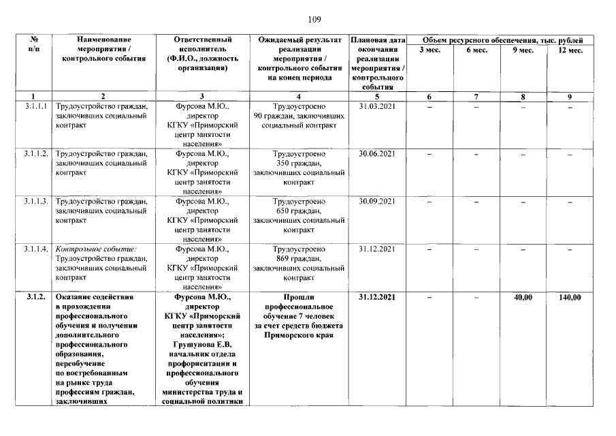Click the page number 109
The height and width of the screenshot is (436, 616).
(x=314, y=18)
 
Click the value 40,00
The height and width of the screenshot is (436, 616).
(x=522, y=298)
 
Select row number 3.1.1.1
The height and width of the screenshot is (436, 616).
(x=33, y=106)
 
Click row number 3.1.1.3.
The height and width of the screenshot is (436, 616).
(x=35, y=202)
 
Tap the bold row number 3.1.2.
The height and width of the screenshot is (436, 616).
(x=35, y=298)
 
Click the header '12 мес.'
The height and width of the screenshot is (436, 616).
(x=569, y=50)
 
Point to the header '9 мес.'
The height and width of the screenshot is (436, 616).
(x=522, y=50)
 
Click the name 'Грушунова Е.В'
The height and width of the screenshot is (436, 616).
(x=202, y=345)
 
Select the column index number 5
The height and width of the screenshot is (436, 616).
(x=376, y=97)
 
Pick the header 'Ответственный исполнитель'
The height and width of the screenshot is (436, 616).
(x=202, y=45)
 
